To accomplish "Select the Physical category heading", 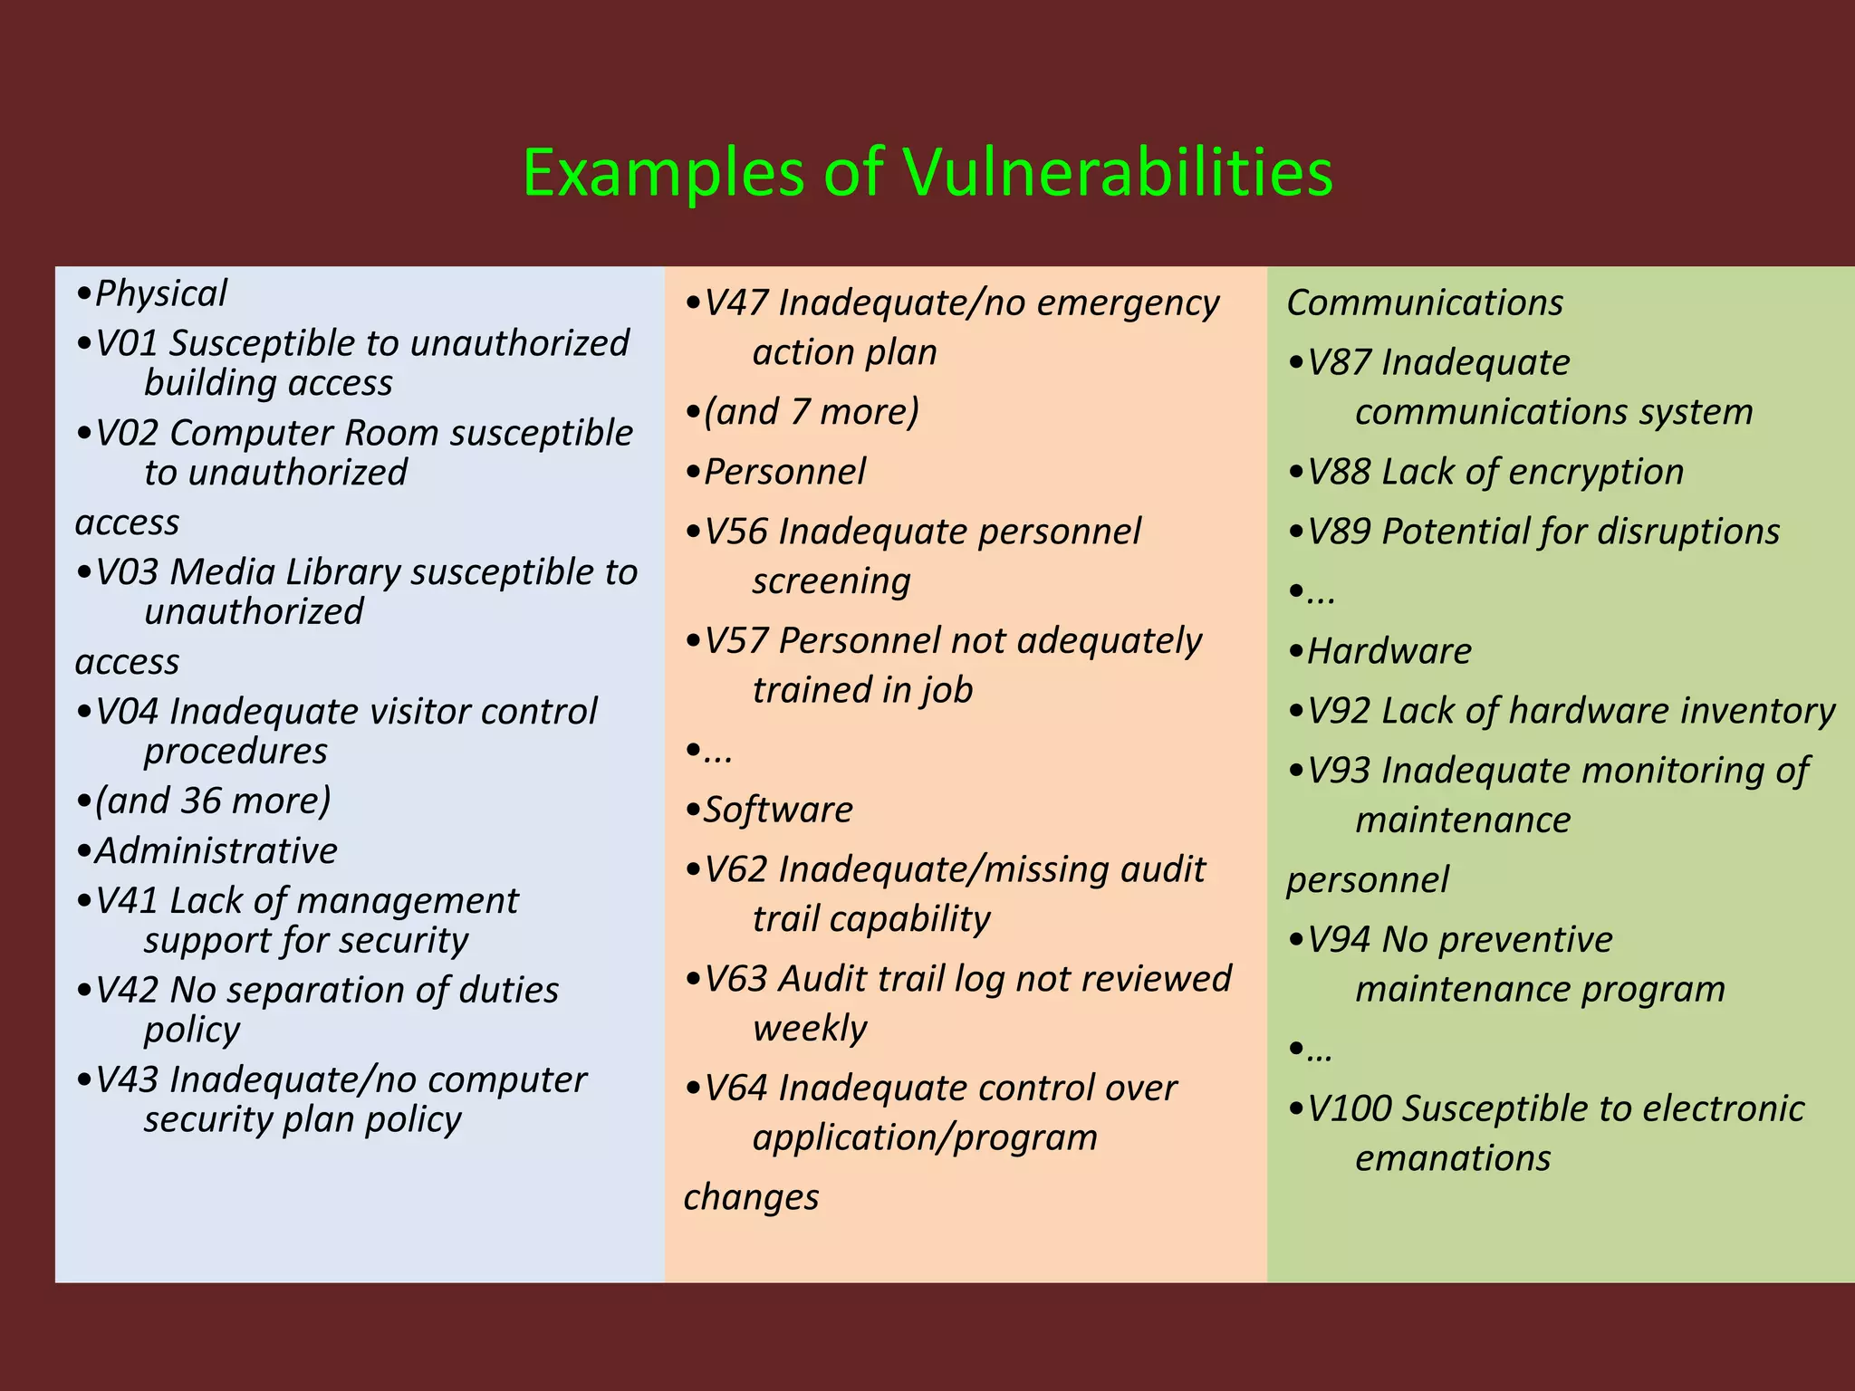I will click(x=160, y=293).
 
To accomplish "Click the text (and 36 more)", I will click(x=213, y=801).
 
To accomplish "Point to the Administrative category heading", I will click(x=216, y=851).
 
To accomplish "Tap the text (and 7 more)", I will click(x=812, y=412).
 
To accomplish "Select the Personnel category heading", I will click(x=784, y=472).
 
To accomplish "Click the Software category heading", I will click(x=778, y=810).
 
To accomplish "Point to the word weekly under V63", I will click(x=810, y=1029).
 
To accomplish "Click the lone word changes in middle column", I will click(x=751, y=1197).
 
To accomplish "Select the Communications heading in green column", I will click(x=1425, y=302).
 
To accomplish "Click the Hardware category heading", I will click(x=1389, y=651).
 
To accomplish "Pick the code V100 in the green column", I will click(x=1350, y=1108).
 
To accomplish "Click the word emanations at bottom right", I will click(x=1453, y=1158).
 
